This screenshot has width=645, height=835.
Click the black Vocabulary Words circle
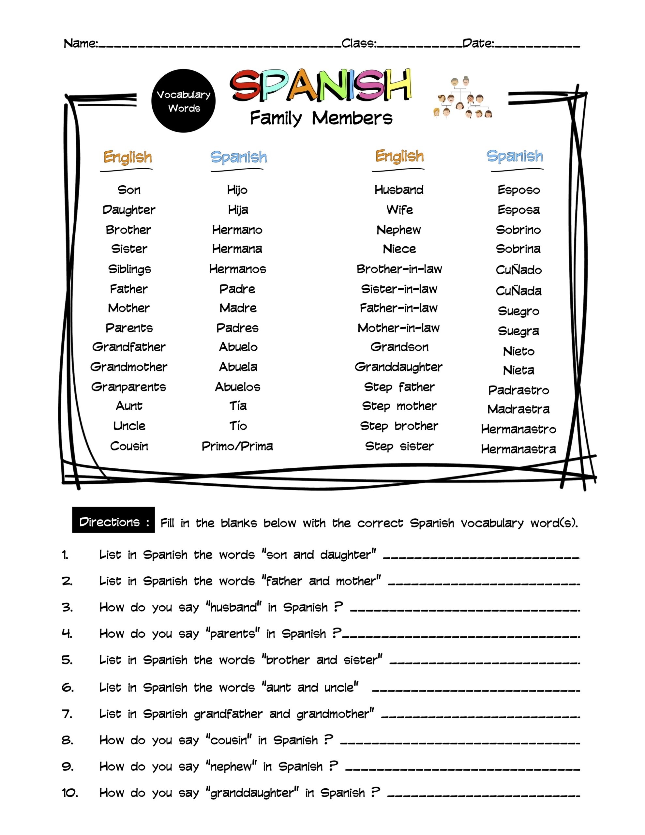pyautogui.click(x=184, y=101)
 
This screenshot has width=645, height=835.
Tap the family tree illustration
pyautogui.click(x=463, y=98)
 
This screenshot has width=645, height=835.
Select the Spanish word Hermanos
pyautogui.click(x=237, y=269)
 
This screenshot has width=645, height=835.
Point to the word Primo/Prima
pyautogui.click(x=237, y=446)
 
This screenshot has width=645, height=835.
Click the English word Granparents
pyautogui.click(x=128, y=387)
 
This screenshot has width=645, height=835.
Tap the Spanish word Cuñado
pyautogui.click(x=518, y=270)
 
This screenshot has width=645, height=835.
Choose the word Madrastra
pyautogui.click(x=518, y=409)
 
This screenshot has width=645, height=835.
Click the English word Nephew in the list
pyautogui.click(x=399, y=230)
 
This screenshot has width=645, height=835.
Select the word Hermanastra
pyautogui.click(x=518, y=449)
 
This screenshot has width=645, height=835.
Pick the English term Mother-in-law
pyautogui.click(x=399, y=328)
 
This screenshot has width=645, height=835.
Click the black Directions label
pyautogui.click(x=113, y=522)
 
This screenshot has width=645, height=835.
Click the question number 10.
pyautogui.click(x=70, y=793)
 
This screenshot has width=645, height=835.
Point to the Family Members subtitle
pyautogui.click(x=321, y=118)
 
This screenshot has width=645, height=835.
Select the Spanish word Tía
pyautogui.click(x=238, y=406)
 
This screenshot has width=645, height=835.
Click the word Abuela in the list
pyautogui.click(x=238, y=367)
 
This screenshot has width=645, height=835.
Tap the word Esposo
pyautogui.click(x=518, y=190)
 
